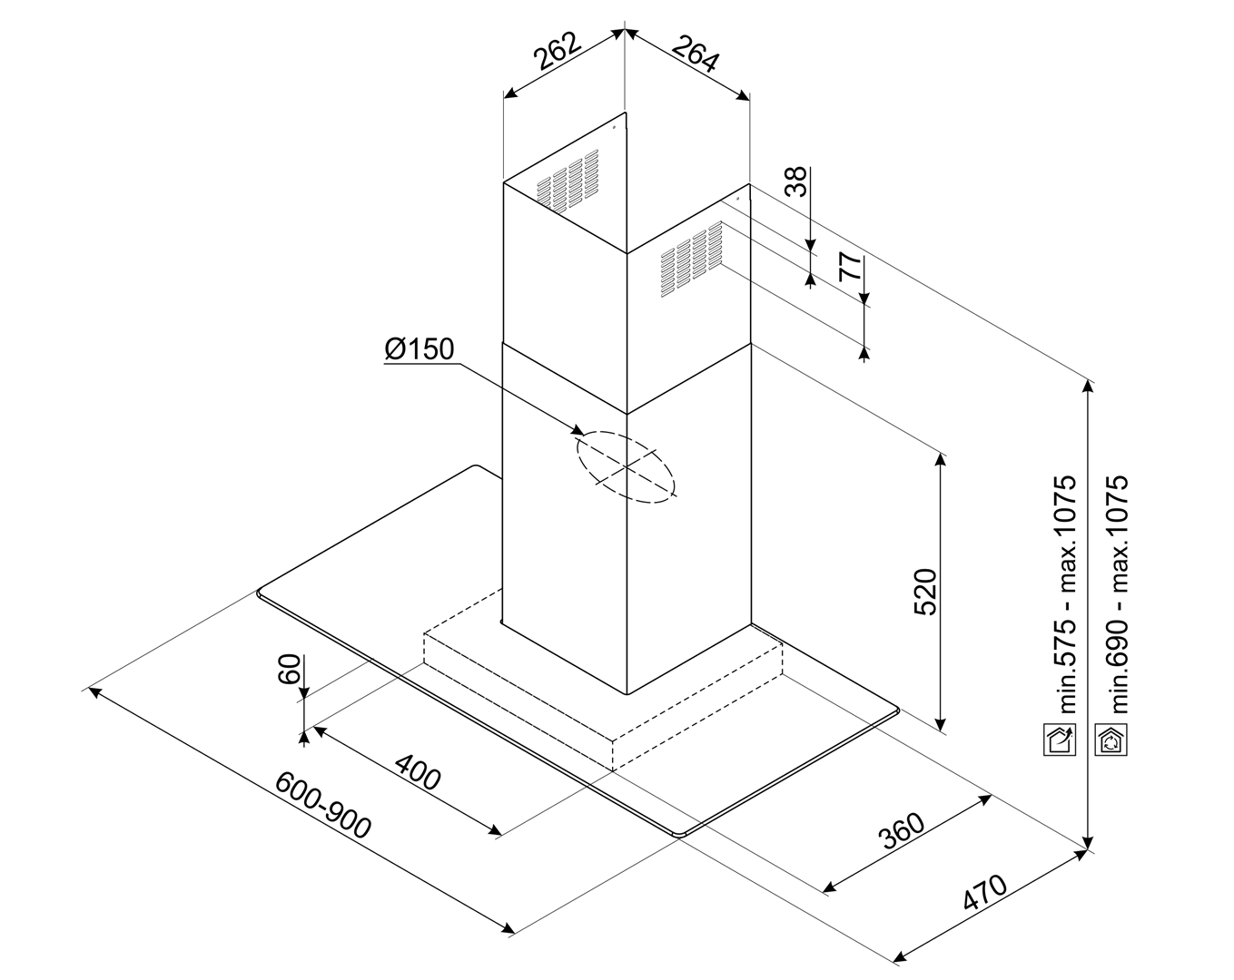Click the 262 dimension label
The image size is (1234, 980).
click(557, 52)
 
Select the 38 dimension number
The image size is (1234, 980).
click(795, 182)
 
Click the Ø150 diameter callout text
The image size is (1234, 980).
click(419, 349)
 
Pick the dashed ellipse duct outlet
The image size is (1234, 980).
click(626, 467)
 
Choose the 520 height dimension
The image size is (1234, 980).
click(923, 592)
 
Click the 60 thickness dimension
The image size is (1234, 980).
click(289, 671)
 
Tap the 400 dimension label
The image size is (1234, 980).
click(418, 772)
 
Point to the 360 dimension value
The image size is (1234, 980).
click(902, 828)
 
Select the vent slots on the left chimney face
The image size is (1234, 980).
click(568, 181)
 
